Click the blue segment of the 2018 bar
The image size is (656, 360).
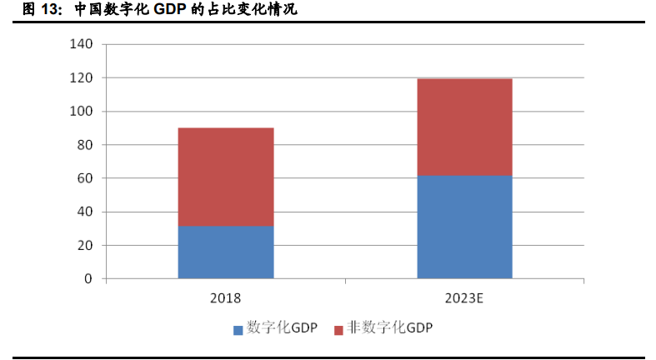click(x=226, y=252)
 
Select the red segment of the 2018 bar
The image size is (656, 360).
click(x=226, y=177)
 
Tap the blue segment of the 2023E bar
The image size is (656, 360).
click(x=464, y=227)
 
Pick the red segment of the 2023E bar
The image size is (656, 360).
click(x=464, y=127)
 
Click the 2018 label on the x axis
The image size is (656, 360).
click(x=226, y=297)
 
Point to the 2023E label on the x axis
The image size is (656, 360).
click(x=464, y=297)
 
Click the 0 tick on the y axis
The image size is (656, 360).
click(x=88, y=279)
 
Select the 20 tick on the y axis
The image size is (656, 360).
click(x=84, y=246)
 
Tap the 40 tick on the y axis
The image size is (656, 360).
click(x=84, y=212)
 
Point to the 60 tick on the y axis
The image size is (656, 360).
click(x=84, y=178)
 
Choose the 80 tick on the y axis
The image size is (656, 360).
click(x=84, y=145)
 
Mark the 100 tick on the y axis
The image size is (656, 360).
click(x=82, y=112)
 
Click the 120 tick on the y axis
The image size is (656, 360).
click(x=82, y=78)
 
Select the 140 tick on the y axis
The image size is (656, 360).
click(x=82, y=44)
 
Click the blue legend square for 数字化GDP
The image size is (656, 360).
click(x=238, y=329)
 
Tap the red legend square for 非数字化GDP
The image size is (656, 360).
click(x=338, y=329)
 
